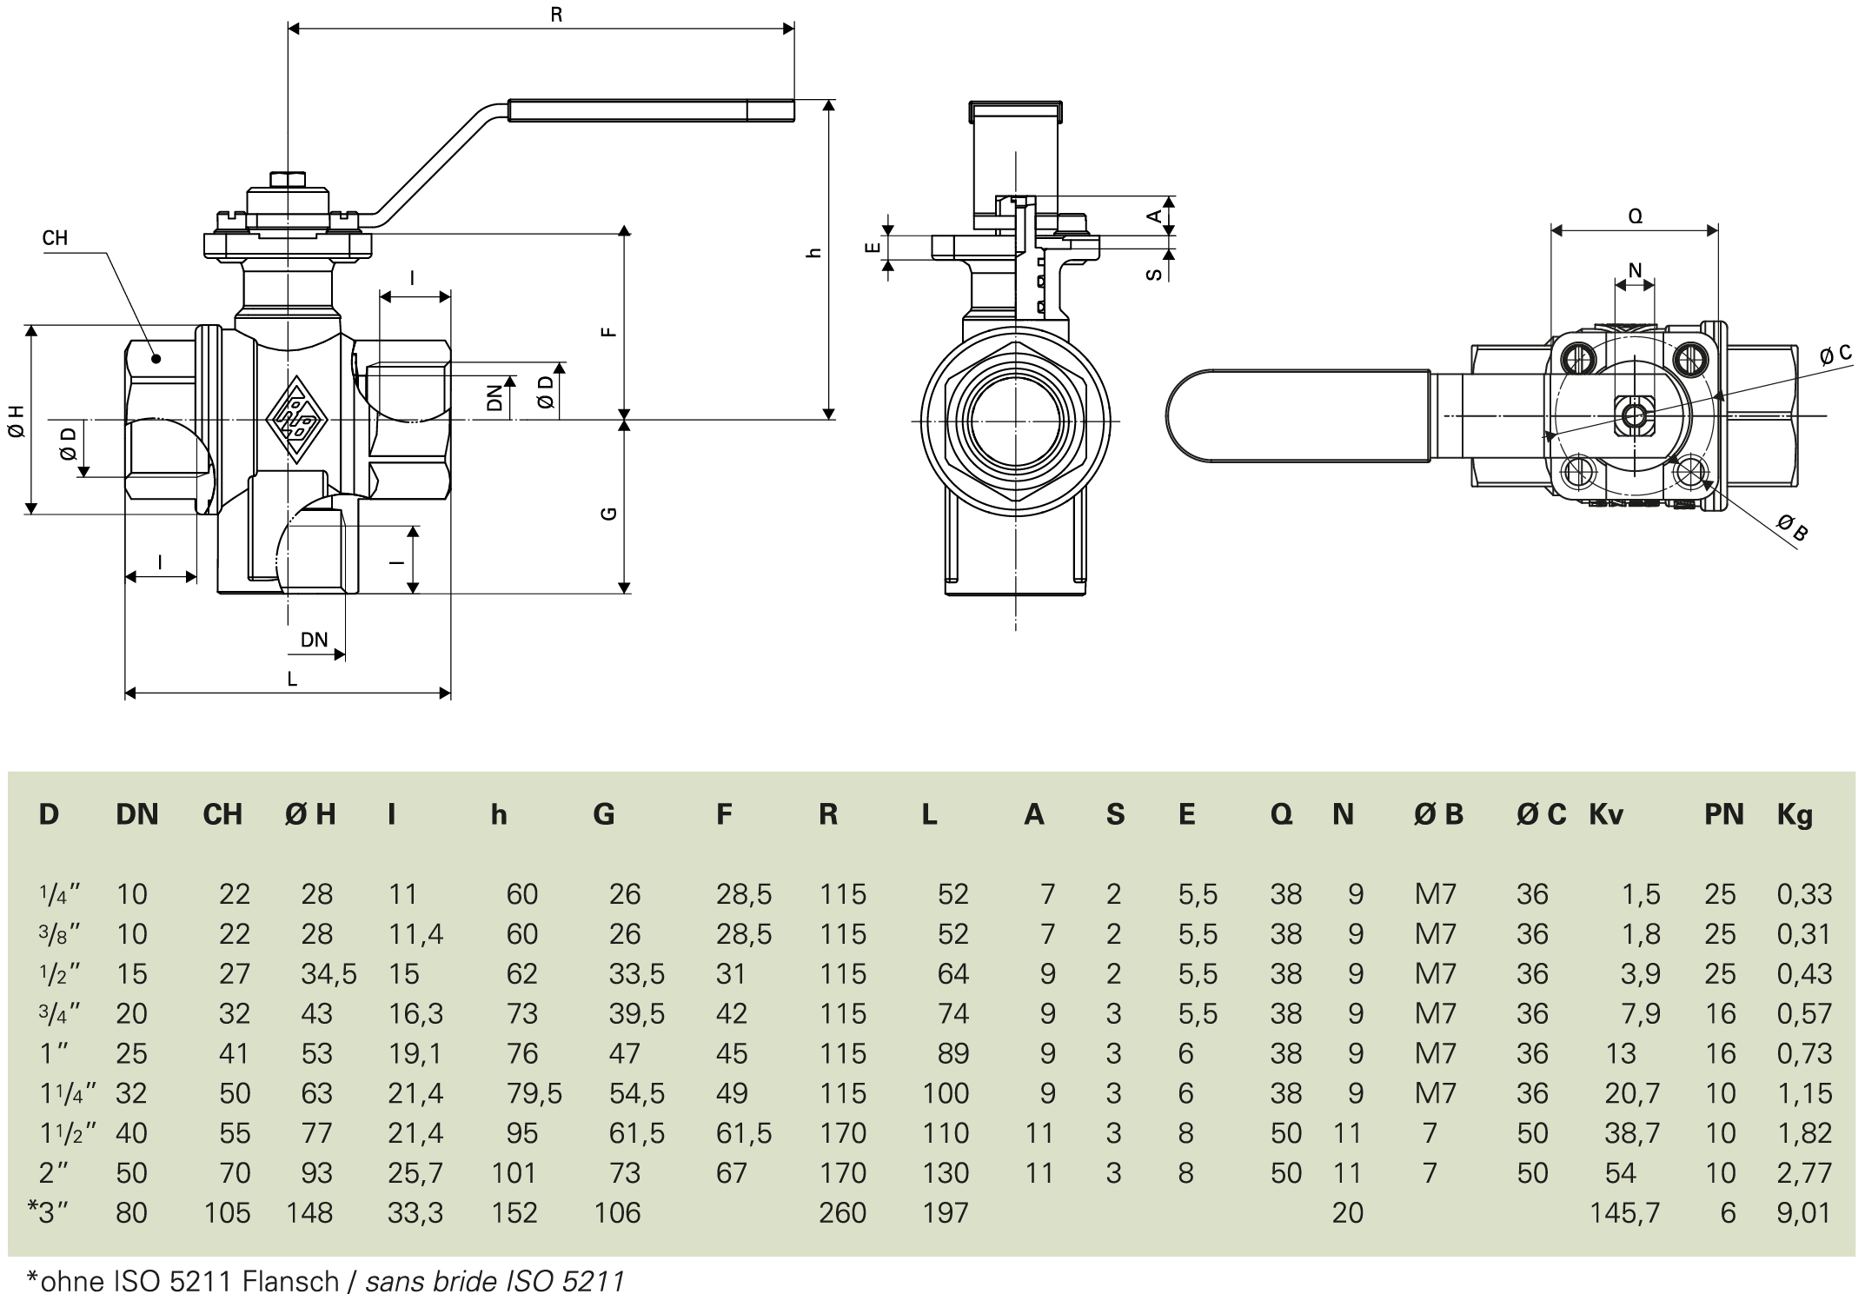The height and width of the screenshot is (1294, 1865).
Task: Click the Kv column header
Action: point(1606,814)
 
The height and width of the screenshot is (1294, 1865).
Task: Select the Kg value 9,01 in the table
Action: point(1804,1212)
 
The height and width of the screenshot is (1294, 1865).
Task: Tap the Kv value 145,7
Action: point(1624,1212)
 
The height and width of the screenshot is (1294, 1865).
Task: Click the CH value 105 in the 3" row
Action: point(227,1212)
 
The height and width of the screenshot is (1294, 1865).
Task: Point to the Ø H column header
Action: point(310,814)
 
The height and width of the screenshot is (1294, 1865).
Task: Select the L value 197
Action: point(945,1212)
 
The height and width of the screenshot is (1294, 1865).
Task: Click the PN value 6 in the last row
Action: point(1728,1212)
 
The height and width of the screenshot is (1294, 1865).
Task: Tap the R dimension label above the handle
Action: point(556,15)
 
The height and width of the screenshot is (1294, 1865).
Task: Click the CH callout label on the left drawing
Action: point(55,238)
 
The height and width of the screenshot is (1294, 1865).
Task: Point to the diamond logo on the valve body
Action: point(296,420)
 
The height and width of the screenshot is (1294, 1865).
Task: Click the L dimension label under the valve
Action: point(292,679)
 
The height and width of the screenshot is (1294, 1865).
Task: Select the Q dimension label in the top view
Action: point(1635,216)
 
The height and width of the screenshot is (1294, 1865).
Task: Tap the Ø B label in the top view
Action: point(1792,527)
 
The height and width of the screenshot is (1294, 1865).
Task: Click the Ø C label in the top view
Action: point(1835,354)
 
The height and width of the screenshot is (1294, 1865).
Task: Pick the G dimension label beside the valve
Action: point(609,513)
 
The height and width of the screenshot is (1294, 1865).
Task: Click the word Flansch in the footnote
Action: point(291,1281)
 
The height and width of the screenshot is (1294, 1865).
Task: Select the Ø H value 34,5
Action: point(329,973)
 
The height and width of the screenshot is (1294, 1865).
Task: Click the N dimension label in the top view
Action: point(1635,270)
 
